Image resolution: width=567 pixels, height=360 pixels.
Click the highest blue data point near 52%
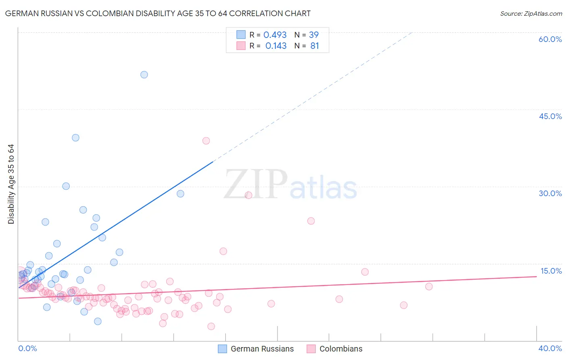(x=144, y=75)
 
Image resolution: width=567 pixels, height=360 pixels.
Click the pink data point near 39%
(x=206, y=141)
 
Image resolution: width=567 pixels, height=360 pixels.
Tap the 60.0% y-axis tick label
(x=550, y=39)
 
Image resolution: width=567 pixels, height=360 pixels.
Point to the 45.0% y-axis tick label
(x=550, y=116)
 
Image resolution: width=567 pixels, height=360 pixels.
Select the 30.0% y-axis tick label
(x=550, y=193)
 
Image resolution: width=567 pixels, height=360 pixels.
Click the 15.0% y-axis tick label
(x=551, y=271)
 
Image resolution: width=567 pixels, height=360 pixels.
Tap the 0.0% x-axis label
(x=27, y=348)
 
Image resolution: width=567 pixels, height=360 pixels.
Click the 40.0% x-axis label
(x=550, y=348)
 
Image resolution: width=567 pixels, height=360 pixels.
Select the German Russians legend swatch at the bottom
(x=222, y=349)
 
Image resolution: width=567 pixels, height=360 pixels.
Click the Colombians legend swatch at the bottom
(x=311, y=349)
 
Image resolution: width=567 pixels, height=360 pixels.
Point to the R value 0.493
(x=275, y=35)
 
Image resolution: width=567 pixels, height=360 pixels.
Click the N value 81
(x=315, y=46)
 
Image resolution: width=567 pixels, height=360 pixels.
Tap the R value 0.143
(x=276, y=46)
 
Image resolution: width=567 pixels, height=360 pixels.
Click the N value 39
(x=314, y=35)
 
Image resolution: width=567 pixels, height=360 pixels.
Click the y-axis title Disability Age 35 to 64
(x=11, y=184)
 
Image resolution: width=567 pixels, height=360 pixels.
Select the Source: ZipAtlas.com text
(x=531, y=14)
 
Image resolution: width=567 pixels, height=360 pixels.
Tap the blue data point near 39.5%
(x=75, y=138)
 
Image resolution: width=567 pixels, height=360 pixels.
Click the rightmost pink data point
(x=429, y=287)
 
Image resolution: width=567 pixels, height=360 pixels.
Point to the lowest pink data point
(x=211, y=327)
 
